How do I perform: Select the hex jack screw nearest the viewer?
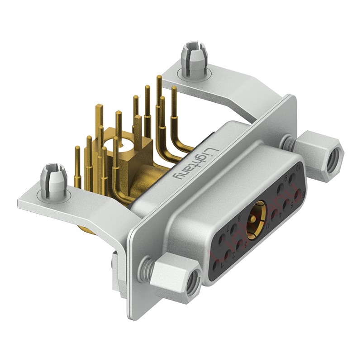174,277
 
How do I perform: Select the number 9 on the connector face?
286,177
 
